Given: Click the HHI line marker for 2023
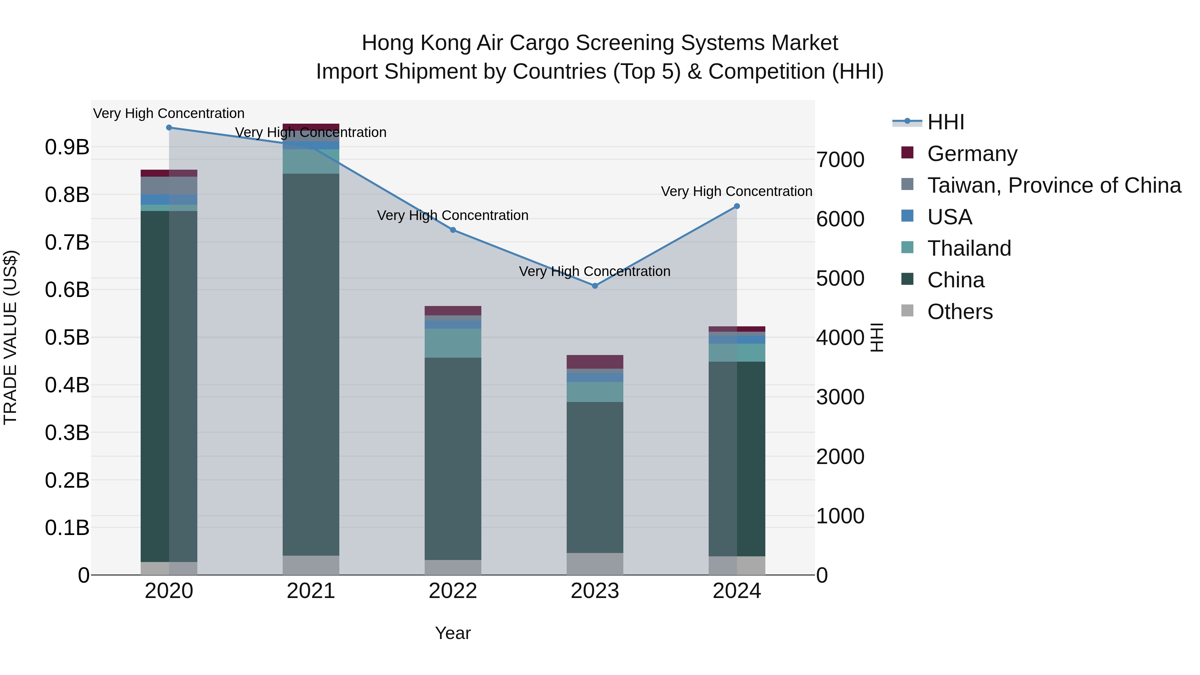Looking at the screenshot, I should click(x=595, y=286).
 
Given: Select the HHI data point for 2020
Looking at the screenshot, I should click(x=169, y=128).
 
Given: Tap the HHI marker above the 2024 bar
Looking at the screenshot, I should click(x=737, y=206).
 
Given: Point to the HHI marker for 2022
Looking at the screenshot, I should click(x=453, y=230).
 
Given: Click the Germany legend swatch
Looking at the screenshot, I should click(x=907, y=153).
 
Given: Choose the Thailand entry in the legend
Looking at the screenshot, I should click(x=969, y=248).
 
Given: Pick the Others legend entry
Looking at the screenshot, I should click(x=960, y=312).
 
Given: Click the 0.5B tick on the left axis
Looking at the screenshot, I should click(x=67, y=337).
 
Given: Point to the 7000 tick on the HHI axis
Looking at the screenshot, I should click(x=840, y=160).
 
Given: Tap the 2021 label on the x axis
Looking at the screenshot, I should click(x=311, y=591).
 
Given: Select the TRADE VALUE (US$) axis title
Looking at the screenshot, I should click(x=10, y=337).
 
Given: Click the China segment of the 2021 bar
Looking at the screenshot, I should click(x=311, y=363).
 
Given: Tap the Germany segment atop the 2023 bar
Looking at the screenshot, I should click(x=595, y=361).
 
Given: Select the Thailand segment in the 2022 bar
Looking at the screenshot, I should click(x=453, y=343).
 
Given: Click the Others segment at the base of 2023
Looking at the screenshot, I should click(x=595, y=564).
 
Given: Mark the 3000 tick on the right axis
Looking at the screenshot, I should click(x=840, y=397).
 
